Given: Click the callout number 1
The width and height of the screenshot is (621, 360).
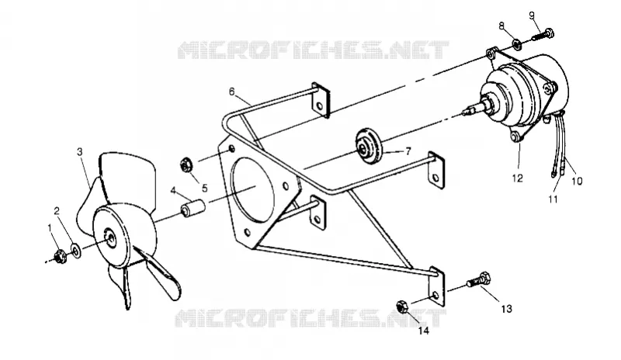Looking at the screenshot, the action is pyautogui.click(x=50, y=228).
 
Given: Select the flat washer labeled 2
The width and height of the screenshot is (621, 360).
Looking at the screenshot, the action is pyautogui.click(x=75, y=251).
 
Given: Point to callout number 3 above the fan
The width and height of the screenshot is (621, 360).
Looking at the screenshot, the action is pyautogui.click(x=80, y=152).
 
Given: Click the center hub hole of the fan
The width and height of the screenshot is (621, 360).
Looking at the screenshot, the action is pyautogui.click(x=111, y=237).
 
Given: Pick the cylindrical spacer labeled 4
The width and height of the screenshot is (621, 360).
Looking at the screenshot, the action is pyautogui.click(x=193, y=208).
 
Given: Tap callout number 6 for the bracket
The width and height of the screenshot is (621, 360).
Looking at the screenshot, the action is pyautogui.click(x=231, y=92).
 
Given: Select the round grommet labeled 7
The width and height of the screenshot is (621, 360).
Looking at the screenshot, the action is pyautogui.click(x=368, y=146).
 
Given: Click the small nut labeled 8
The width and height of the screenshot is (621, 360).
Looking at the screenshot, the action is pyautogui.click(x=516, y=44).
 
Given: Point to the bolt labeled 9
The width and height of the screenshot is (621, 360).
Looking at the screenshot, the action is pyautogui.click(x=541, y=34).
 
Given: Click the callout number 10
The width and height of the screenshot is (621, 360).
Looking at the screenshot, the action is pyautogui.click(x=577, y=181).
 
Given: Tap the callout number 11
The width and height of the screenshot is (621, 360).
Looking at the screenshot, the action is pyautogui.click(x=553, y=199).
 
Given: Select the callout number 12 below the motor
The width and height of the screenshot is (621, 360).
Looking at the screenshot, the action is pyautogui.click(x=518, y=178).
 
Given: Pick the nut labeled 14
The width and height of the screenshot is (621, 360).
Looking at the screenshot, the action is pyautogui.click(x=402, y=307).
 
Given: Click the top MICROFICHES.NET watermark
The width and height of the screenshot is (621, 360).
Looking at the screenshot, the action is pyautogui.click(x=314, y=50).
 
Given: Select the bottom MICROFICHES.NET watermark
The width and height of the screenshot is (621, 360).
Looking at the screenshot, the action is pyautogui.click(x=310, y=318).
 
